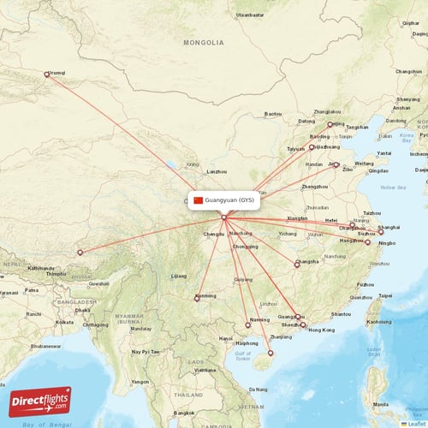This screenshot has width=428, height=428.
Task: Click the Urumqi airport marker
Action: [x=47, y=74]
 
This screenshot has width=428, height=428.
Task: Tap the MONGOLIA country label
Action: [x=204, y=42]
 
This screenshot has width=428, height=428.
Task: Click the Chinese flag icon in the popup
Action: [x=199, y=200]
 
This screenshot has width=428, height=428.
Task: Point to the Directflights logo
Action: [x=40, y=401]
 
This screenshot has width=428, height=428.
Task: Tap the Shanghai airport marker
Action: [x=381, y=232]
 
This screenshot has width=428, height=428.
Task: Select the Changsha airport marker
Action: [x=296, y=264]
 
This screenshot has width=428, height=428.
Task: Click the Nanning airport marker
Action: [x=247, y=324]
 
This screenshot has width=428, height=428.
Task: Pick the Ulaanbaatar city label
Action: [x=250, y=15]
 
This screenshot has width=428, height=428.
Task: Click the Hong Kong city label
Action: [x=321, y=330]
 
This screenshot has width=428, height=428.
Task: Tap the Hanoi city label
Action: [x=225, y=338]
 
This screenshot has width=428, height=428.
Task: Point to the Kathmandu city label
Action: [x=40, y=268]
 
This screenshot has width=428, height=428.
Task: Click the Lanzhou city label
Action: [x=217, y=171]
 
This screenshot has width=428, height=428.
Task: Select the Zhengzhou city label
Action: [x=315, y=186]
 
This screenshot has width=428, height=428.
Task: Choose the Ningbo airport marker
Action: [x=367, y=242]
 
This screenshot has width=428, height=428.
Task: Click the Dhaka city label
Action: [x=83, y=310]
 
